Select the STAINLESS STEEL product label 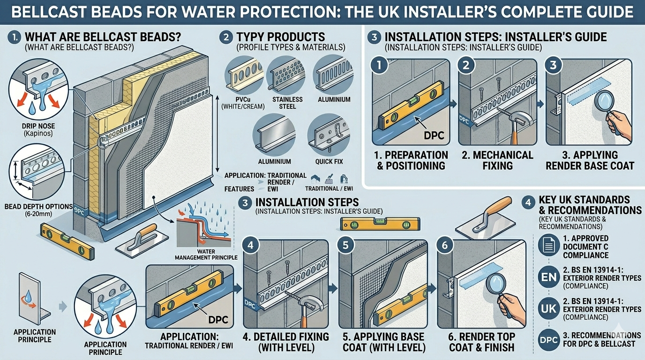tap(287, 103)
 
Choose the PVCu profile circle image tap(244, 75)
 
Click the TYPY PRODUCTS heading tap(281, 37)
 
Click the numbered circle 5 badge tap(345, 246)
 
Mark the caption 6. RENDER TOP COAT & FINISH tap(482, 342)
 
